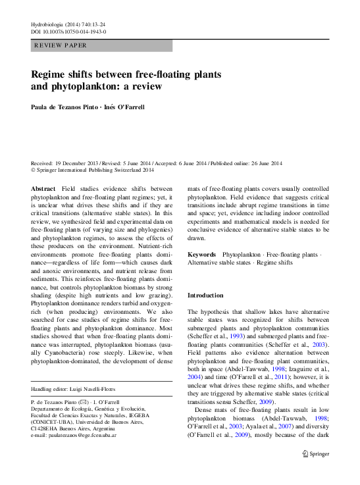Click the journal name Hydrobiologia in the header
tap(49, 24)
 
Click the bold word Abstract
tap(43, 188)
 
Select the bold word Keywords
tap(201, 254)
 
